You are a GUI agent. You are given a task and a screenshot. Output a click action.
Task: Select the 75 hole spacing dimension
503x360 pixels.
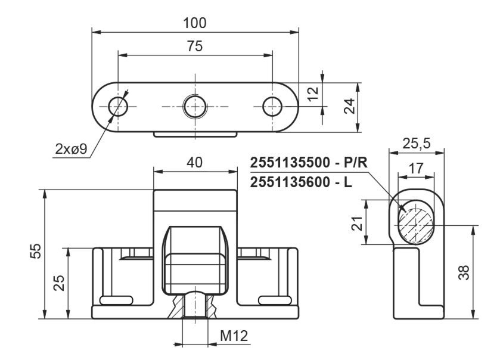(195, 48)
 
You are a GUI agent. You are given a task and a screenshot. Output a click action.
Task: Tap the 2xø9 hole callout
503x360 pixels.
(71, 149)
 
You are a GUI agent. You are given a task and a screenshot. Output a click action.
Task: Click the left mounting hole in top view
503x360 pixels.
(119, 107)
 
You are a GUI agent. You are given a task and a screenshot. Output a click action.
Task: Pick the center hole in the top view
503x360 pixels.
(194, 107)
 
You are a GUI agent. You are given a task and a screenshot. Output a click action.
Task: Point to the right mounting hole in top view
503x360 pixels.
(272, 107)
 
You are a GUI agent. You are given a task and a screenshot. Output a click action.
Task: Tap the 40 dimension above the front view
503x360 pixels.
(194, 163)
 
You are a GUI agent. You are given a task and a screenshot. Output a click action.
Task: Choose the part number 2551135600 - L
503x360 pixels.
(302, 182)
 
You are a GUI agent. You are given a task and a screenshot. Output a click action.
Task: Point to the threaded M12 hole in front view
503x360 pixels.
(194, 305)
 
